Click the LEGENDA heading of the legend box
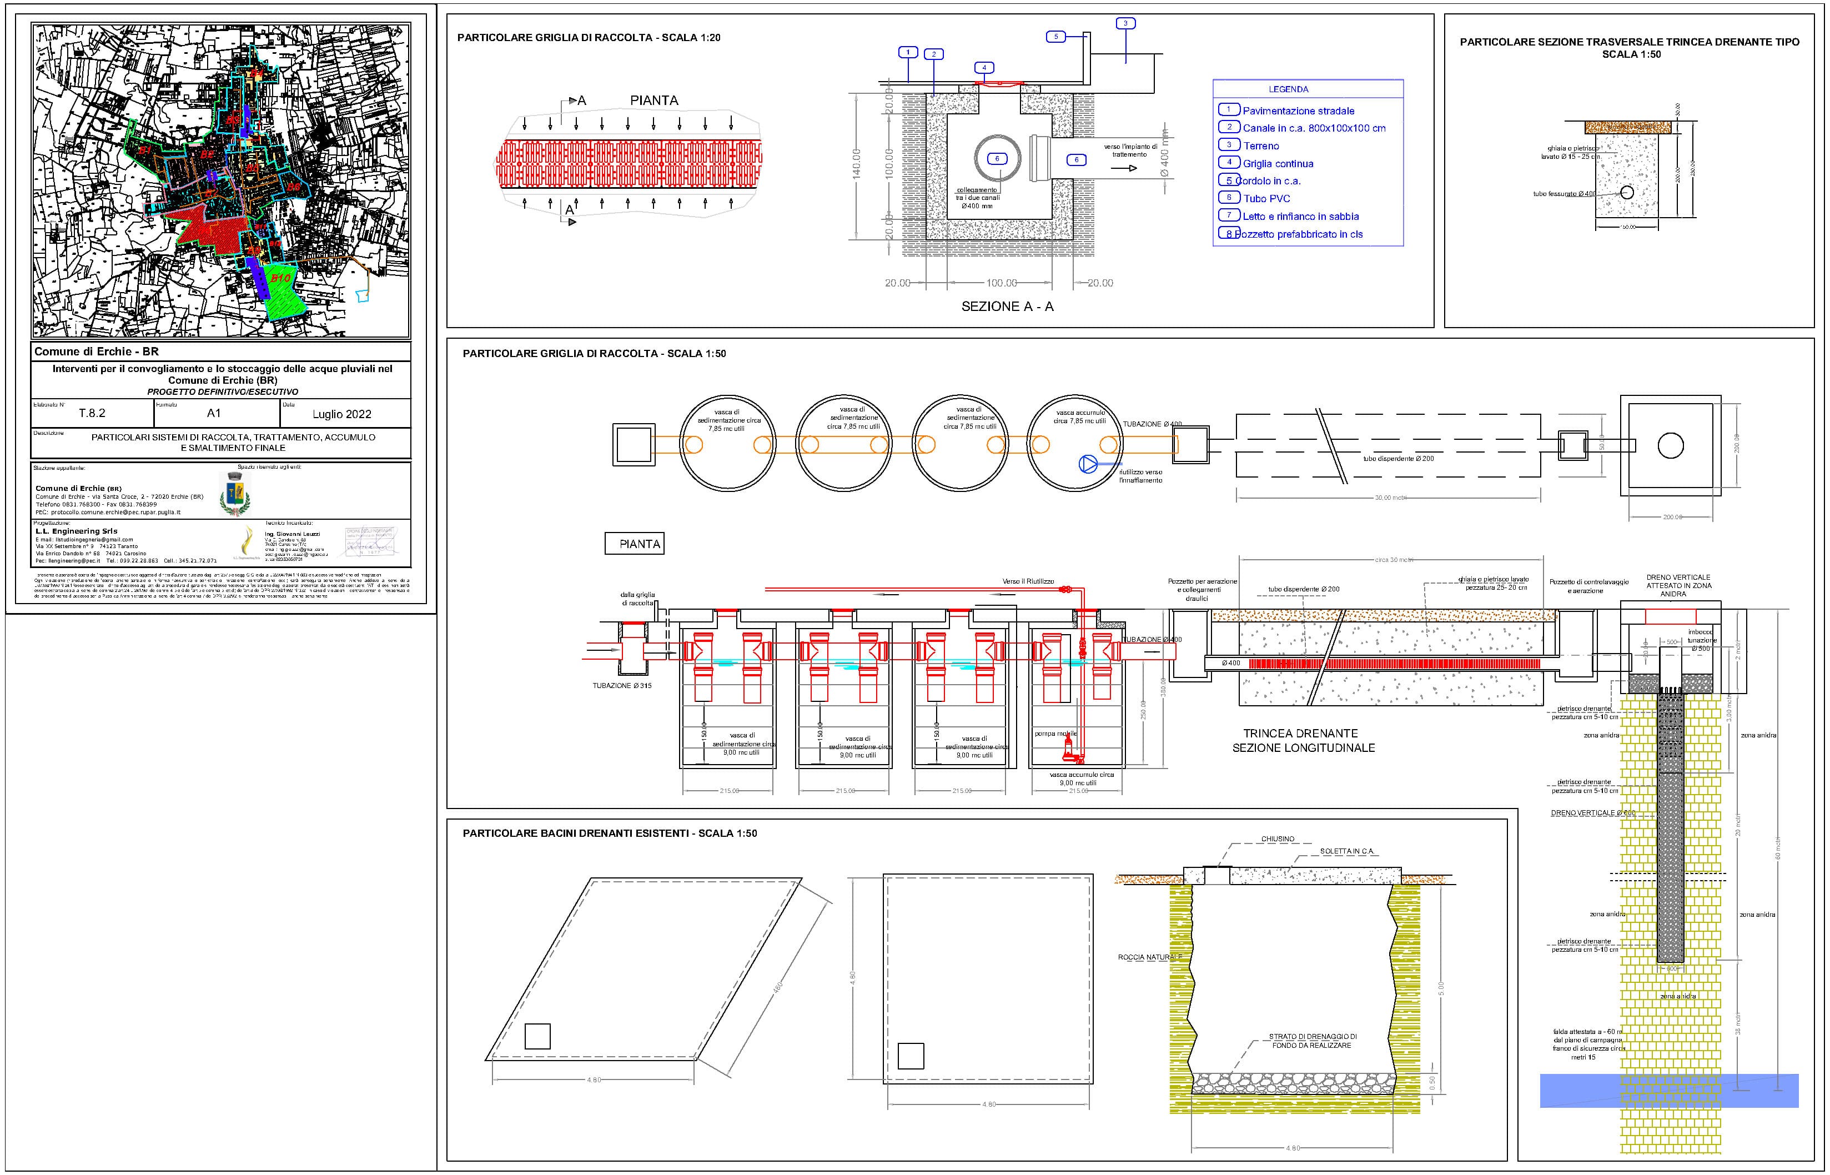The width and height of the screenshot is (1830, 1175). pyautogui.click(x=1289, y=89)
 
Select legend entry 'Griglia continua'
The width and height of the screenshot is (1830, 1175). pyautogui.click(x=1278, y=163)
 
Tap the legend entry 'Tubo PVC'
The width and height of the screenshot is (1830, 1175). pyautogui.click(x=1266, y=198)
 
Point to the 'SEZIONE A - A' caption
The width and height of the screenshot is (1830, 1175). pyautogui.click(x=1007, y=307)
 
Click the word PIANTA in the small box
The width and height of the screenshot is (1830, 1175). pyautogui.click(x=639, y=544)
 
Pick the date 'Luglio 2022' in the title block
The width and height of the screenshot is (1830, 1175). pyautogui.click(x=342, y=414)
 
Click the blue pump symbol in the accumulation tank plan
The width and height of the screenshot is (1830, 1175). pyautogui.click(x=1088, y=463)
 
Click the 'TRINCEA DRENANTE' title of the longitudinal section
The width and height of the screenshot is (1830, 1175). pyautogui.click(x=1301, y=733)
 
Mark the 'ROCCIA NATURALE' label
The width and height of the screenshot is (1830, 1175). pyautogui.click(x=1149, y=957)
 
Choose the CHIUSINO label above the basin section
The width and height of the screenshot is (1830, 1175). pyautogui.click(x=1278, y=838)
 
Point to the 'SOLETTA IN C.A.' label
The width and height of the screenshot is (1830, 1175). pyautogui.click(x=1346, y=851)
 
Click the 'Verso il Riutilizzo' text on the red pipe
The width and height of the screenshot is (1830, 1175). pyautogui.click(x=1028, y=581)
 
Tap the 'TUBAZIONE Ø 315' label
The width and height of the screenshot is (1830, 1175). pyautogui.click(x=622, y=686)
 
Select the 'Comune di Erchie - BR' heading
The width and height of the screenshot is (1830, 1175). pyautogui.click(x=97, y=352)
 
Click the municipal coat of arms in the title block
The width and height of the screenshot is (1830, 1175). pyautogui.click(x=235, y=494)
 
